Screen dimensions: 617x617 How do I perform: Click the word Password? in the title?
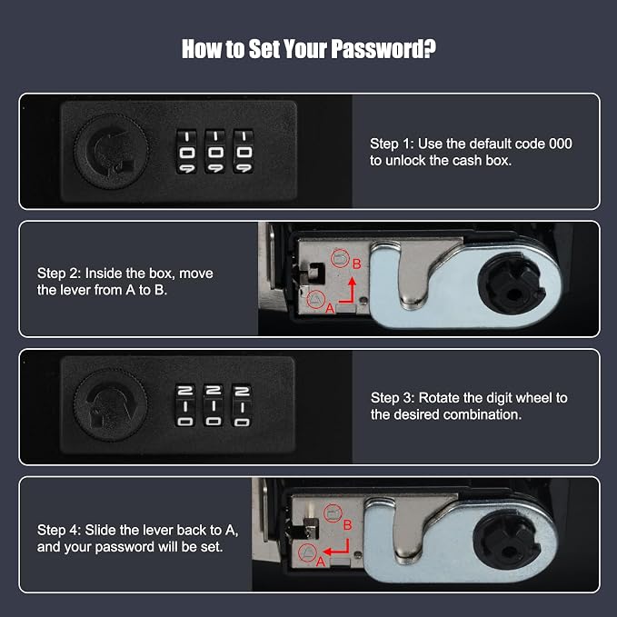[x=383, y=49]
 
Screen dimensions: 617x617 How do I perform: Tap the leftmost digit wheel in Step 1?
[x=186, y=152]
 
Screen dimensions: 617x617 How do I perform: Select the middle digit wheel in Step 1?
[x=214, y=152]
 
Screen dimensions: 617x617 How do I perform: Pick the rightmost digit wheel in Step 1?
[x=244, y=152]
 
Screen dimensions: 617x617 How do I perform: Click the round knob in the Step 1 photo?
[x=112, y=152]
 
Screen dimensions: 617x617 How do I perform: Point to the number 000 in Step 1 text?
[x=561, y=144]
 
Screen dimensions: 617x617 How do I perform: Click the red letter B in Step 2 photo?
[x=356, y=264]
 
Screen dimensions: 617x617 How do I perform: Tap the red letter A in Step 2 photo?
[x=330, y=309]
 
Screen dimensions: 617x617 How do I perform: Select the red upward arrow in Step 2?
[x=348, y=292]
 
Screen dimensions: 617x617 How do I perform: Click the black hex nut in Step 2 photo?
[x=512, y=284]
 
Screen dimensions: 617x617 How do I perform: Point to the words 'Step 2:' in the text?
[x=59, y=274]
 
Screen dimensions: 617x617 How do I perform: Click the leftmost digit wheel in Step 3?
[x=185, y=405]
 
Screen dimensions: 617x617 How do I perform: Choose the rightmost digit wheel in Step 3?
[x=242, y=405]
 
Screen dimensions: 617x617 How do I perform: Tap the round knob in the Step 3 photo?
[x=111, y=405]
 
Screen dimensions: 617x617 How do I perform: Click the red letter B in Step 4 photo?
[x=347, y=525]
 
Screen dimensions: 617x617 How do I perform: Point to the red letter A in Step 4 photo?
[x=320, y=562]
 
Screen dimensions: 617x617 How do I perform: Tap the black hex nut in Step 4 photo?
[x=505, y=539]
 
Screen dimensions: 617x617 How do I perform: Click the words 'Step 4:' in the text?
[x=59, y=531]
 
